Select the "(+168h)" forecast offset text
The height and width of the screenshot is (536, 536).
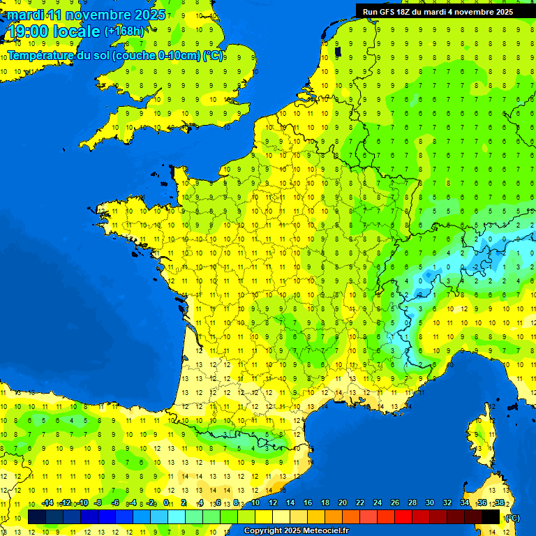pyautogui.click(x=125, y=31)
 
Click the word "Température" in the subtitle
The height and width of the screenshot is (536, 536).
pyautogui.click(x=41, y=55)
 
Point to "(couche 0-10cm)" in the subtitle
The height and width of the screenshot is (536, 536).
pyautogui.click(x=156, y=55)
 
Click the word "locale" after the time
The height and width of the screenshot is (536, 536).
pyautogui.click(x=77, y=31)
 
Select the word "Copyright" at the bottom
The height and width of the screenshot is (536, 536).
pyautogui.click(x=262, y=531)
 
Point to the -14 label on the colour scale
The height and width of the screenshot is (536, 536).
pyautogui.click(x=47, y=502)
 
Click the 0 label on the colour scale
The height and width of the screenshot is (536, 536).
pyautogui.click(x=166, y=502)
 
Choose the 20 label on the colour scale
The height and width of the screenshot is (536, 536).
pyautogui.click(x=342, y=502)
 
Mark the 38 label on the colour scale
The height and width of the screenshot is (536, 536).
pyautogui.click(x=500, y=502)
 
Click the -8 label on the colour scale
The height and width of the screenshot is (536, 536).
pyautogui.click(x=98, y=502)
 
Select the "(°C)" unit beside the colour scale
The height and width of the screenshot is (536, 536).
pyautogui.click(x=512, y=517)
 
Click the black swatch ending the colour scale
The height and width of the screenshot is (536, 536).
pyautogui.click(x=491, y=516)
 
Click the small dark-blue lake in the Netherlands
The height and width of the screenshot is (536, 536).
pyautogui.click(x=338, y=51)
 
